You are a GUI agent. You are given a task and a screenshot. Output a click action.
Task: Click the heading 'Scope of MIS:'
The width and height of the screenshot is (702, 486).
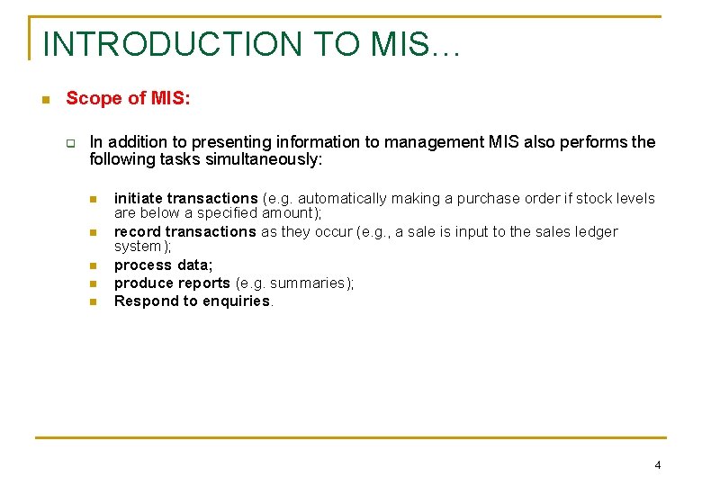[x=128, y=98]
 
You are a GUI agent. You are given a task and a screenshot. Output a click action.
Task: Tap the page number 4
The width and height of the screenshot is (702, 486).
[x=658, y=464]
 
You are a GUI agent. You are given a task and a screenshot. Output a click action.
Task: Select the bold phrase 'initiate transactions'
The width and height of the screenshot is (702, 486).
[x=185, y=198]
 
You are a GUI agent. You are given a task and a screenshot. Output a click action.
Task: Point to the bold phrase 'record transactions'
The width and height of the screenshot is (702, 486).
[x=184, y=231]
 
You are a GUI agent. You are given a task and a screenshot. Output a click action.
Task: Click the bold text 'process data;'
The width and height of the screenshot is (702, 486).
[x=163, y=265]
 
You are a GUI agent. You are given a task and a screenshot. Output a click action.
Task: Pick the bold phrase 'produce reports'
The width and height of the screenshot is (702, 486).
[x=172, y=283]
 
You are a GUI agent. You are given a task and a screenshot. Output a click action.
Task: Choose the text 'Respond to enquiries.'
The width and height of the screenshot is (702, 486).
[x=193, y=301]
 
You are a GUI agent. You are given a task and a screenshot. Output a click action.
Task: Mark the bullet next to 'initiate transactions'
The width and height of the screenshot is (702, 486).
[x=92, y=199]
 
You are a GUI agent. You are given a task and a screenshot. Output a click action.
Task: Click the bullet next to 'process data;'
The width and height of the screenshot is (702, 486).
[x=92, y=266]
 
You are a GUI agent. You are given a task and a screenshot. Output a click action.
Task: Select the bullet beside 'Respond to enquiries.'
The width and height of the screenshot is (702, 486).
[x=92, y=301]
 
